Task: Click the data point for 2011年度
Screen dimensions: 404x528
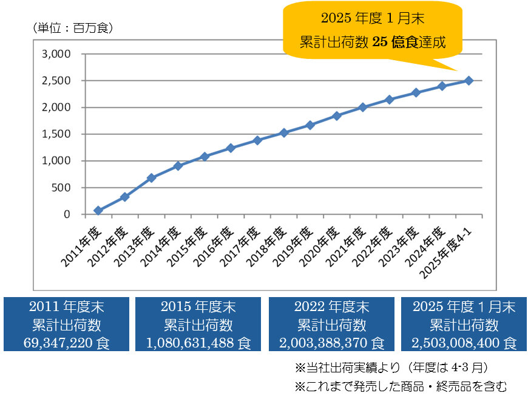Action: pyautogui.click(x=98, y=211)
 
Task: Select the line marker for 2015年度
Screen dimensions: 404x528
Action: pyautogui.click(x=204, y=156)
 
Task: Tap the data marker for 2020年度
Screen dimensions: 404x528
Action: pyautogui.click(x=336, y=115)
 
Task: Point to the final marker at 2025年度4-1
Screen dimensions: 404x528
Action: pyautogui.click(x=469, y=80)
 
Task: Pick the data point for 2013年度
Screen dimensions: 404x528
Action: pyautogui.click(x=151, y=178)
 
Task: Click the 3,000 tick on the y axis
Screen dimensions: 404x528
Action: pyautogui.click(x=56, y=54)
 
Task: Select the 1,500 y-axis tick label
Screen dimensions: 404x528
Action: pyautogui.click(x=56, y=134)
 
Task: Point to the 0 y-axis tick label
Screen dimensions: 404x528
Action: pyautogui.click(x=67, y=214)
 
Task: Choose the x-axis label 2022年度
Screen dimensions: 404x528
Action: pyautogui.click(x=377, y=247)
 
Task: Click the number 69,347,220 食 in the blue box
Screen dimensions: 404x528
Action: pyautogui.click(x=67, y=343)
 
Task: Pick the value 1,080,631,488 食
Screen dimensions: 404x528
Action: pyautogui.click(x=198, y=343)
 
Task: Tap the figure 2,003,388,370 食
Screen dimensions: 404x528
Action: pyautogui.click(x=331, y=343)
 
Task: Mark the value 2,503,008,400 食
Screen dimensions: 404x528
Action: pyautogui.click(x=464, y=343)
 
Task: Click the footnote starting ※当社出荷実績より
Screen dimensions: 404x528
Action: pyautogui.click(x=391, y=368)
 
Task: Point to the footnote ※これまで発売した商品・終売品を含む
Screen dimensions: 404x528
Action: pyautogui.click(x=401, y=386)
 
